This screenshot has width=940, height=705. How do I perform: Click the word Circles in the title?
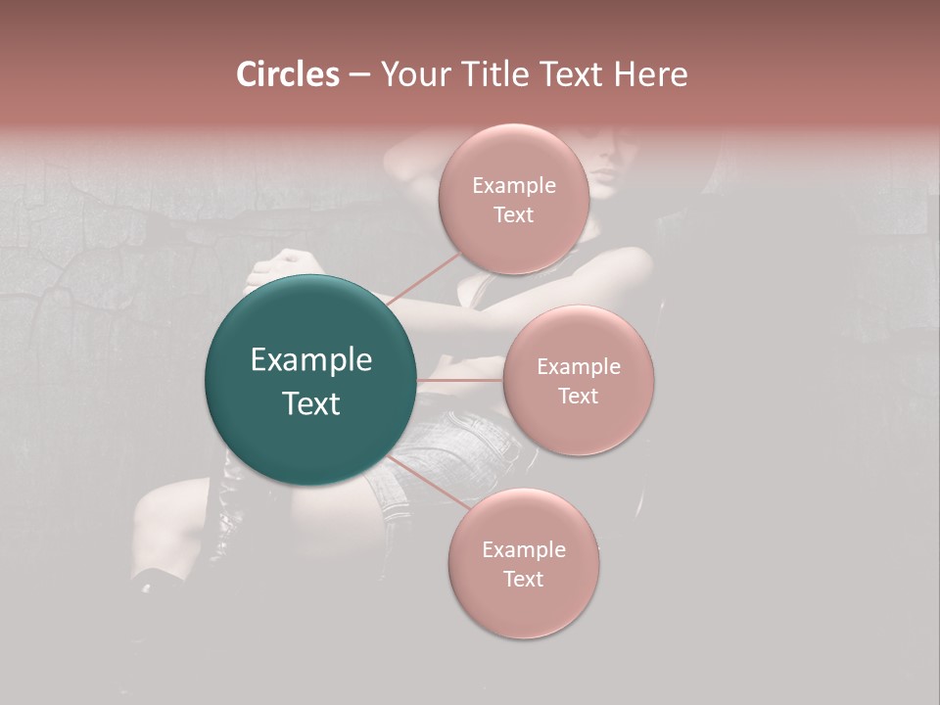(288, 74)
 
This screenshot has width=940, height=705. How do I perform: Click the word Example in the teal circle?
(311, 360)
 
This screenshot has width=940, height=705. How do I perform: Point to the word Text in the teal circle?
(311, 403)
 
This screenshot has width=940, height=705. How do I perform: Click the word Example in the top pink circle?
(514, 186)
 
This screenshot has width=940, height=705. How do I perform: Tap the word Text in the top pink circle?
(513, 215)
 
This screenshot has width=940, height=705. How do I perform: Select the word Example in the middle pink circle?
(579, 367)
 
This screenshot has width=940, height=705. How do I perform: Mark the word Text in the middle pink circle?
(578, 397)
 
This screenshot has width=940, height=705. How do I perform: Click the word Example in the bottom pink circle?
(524, 550)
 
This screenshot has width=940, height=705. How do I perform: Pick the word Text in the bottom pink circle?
(523, 580)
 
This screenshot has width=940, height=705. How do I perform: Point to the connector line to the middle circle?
(460, 380)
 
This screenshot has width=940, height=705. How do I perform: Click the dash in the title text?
(359, 75)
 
